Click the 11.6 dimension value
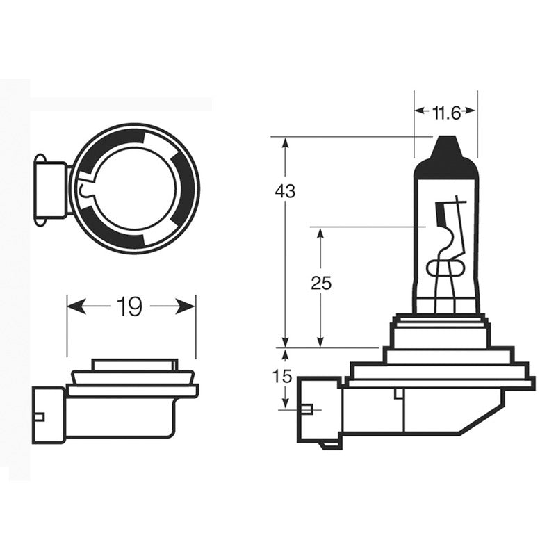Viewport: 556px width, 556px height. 445,111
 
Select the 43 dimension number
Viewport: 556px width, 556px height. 285,191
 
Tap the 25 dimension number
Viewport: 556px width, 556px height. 321,283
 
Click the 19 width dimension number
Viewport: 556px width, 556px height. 130,306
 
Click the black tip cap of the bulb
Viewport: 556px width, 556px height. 446,152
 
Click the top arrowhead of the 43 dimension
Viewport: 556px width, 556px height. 285,143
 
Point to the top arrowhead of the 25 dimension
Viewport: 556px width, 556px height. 320,234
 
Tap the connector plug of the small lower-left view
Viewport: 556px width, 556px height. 47,415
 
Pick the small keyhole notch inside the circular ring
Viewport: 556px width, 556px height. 85,189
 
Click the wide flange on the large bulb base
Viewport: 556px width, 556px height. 441,382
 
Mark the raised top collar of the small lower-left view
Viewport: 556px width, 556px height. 133,366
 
